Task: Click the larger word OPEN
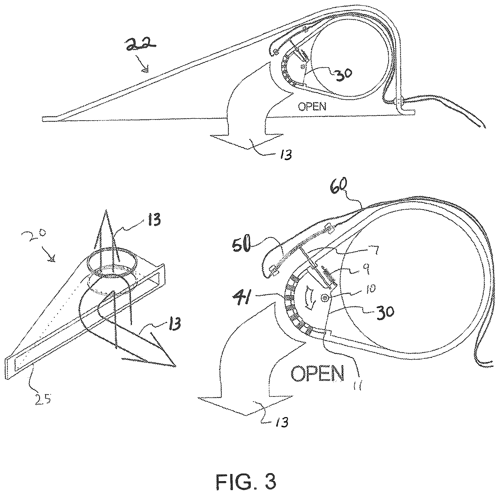(317, 373)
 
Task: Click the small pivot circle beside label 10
(324, 298)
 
